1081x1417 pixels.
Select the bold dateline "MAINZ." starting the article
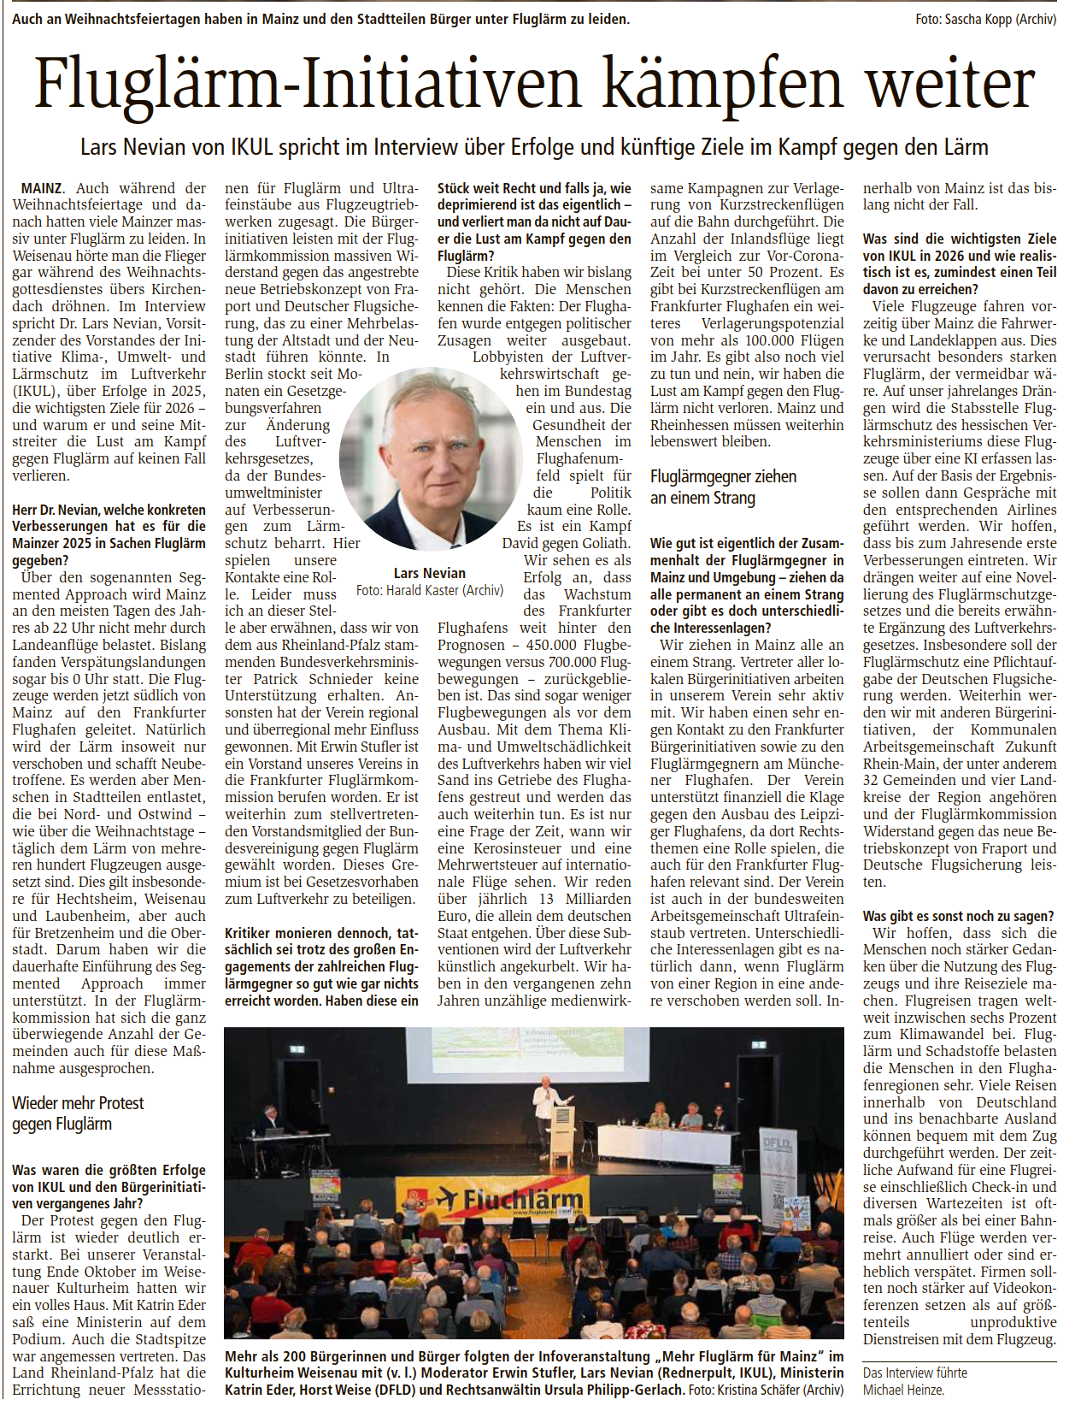click(41, 188)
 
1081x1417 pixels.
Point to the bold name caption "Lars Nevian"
click(430, 573)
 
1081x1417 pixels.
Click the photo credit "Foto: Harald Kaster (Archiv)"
click(430, 590)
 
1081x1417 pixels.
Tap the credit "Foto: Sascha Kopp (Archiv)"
click(985, 19)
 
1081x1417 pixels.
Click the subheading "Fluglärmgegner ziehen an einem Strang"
click(723, 487)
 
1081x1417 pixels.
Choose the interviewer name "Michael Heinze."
click(903, 1390)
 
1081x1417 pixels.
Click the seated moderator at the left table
click(270, 1119)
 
